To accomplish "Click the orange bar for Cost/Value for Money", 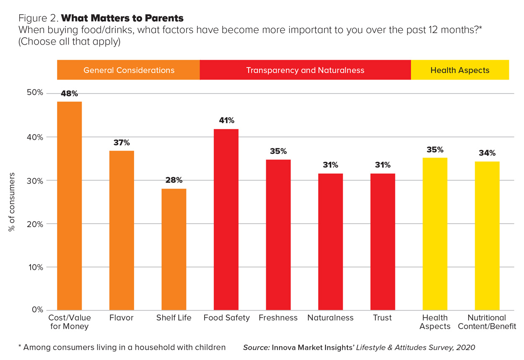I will pyautogui.click(x=69, y=205).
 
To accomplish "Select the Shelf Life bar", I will pyautogui.click(x=174, y=249).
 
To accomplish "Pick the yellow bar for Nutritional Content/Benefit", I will pyautogui.click(x=487, y=236).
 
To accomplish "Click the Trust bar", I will pyautogui.click(x=382, y=242).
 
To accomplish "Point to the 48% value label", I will pyautogui.click(x=69, y=94).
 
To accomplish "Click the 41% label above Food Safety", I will pyautogui.click(x=226, y=121).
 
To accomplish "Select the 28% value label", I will pyautogui.click(x=174, y=180).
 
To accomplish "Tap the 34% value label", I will pyautogui.click(x=487, y=153).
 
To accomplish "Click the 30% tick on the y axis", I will pyautogui.click(x=35, y=181).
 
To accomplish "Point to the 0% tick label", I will pyautogui.click(x=37, y=310).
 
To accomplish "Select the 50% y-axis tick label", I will pyautogui.click(x=35, y=93).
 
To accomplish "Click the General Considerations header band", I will pyautogui.click(x=129, y=70).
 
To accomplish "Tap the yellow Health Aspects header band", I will pyautogui.click(x=459, y=70).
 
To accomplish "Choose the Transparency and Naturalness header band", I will pyautogui.click(x=305, y=70).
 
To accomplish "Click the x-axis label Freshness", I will pyautogui.click(x=278, y=318).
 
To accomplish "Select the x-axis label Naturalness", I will pyautogui.click(x=330, y=318).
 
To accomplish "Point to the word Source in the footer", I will pyautogui.click(x=256, y=347).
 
